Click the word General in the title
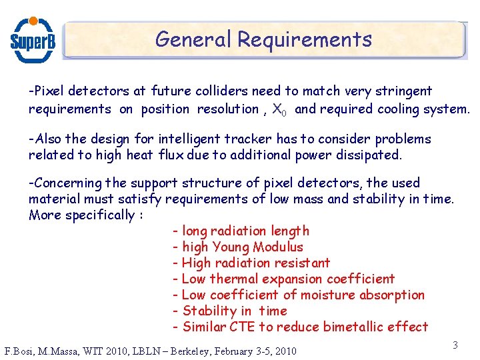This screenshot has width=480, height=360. [193, 39]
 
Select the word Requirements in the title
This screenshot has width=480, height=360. [305, 39]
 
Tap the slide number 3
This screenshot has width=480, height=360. [455, 345]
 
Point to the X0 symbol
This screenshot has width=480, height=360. [280, 109]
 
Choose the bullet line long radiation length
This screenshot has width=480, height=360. [241, 231]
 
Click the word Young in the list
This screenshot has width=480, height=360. [231, 247]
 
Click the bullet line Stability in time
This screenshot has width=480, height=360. [229, 311]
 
